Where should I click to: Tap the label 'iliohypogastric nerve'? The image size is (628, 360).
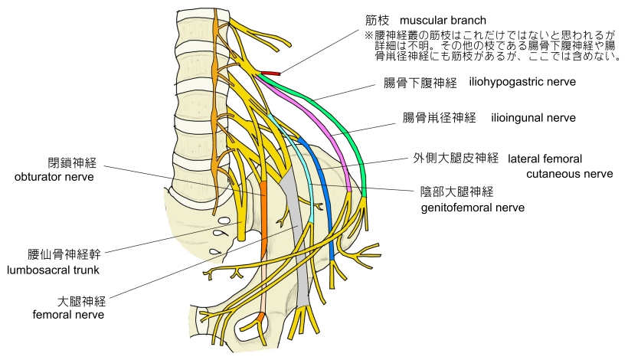coord(522,81)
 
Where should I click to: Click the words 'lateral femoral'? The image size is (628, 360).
coord(545,159)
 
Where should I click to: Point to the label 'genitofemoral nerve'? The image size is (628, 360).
coord(473,207)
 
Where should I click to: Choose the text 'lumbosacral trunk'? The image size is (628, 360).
coord(54,270)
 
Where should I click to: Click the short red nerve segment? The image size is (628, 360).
coord(270,74)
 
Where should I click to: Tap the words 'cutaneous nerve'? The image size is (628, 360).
coord(570,174)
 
